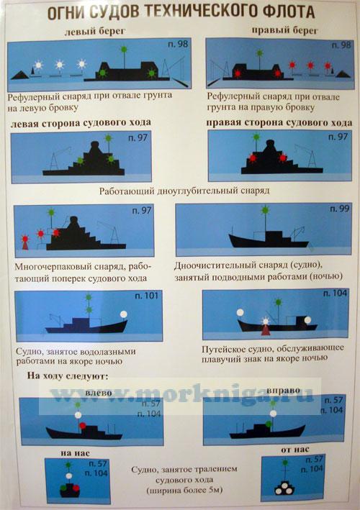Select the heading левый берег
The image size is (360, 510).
95,31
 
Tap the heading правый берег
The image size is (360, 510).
284,31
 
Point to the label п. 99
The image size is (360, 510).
340,209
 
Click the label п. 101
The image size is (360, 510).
146,296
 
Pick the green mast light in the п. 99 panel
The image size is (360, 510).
265,210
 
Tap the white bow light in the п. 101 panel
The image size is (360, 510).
123,314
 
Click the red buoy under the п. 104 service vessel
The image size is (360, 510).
266,330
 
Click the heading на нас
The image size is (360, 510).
75,453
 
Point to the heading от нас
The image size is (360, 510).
295,450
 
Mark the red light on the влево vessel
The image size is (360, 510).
83,425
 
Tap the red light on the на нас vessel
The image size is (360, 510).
76,488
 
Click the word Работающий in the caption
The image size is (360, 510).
127,191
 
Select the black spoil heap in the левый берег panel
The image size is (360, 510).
20,75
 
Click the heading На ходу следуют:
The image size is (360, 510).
68,376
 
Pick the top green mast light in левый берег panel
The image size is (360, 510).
124,49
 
